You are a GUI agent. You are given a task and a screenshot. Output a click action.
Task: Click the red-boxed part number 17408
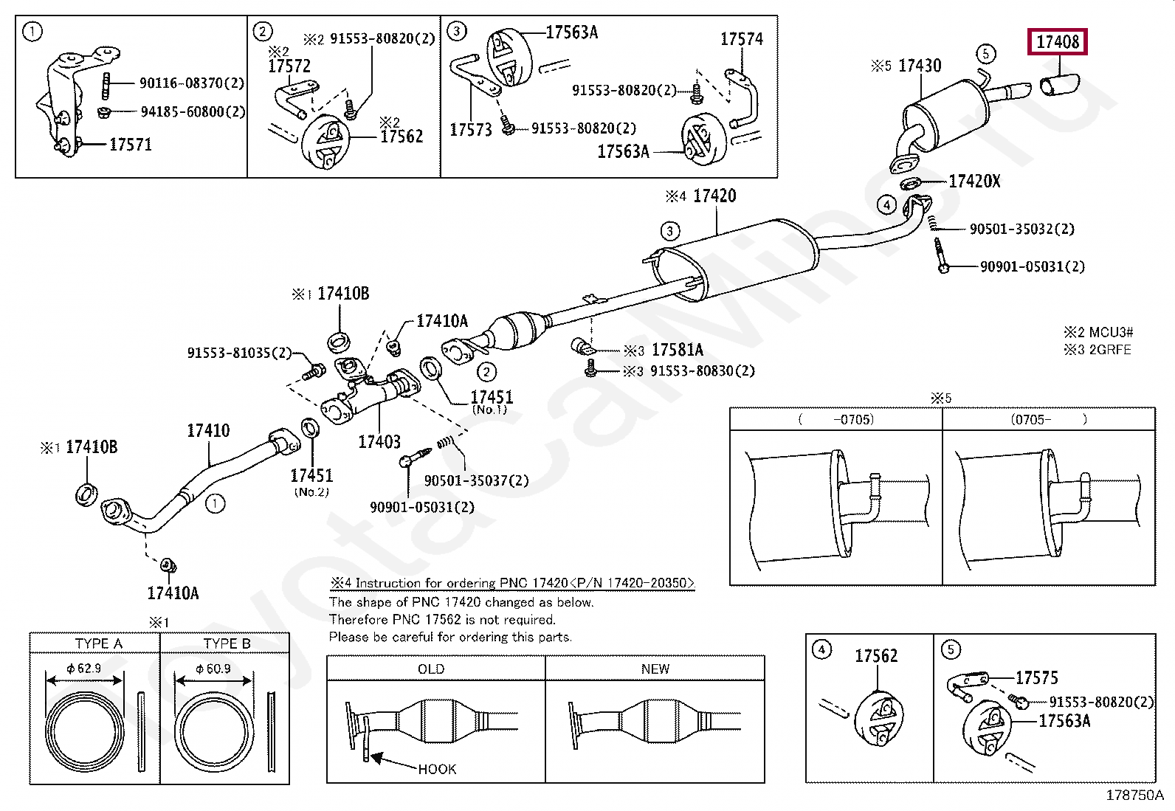1058,42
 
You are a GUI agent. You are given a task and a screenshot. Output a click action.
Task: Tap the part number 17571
131,145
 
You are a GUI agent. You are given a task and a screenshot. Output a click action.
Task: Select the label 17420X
975,182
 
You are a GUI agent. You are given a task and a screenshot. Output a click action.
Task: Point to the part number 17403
379,442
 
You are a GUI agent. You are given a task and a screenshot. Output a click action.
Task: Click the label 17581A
678,350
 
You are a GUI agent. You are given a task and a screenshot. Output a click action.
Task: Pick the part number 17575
1036,677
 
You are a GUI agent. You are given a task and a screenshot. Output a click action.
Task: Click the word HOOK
437,769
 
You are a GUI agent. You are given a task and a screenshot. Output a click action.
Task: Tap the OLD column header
430,669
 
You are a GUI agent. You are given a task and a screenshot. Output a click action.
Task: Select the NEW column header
655,669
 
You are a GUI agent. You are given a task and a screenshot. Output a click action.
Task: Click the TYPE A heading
99,643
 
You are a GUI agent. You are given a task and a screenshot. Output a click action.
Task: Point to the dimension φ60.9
213,669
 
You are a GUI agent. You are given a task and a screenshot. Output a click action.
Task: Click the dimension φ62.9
84,669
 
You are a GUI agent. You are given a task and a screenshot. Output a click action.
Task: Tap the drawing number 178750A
1134,796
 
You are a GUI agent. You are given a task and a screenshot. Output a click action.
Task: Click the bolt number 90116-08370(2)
192,83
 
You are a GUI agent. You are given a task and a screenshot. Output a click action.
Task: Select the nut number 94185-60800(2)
193,111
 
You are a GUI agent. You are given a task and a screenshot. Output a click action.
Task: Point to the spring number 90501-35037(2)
476,480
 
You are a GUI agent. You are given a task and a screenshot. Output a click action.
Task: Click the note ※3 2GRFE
1098,350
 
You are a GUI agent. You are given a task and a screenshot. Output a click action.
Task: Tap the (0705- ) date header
1049,419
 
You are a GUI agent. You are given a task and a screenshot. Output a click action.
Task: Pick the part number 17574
742,39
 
